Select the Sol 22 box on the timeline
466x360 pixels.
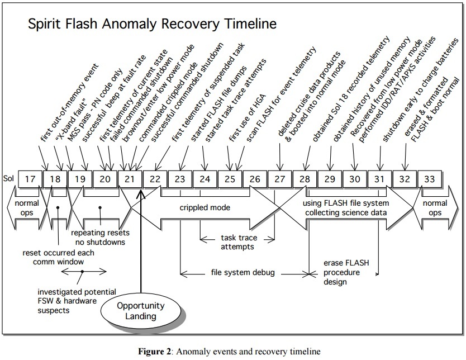[x=155, y=179]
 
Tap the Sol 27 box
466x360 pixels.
[x=280, y=179]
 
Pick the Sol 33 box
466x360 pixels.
[x=430, y=179]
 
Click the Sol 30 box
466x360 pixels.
[x=355, y=179]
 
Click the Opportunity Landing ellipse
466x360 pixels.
[x=140, y=311]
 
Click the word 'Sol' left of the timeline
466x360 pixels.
[x=8, y=180]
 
